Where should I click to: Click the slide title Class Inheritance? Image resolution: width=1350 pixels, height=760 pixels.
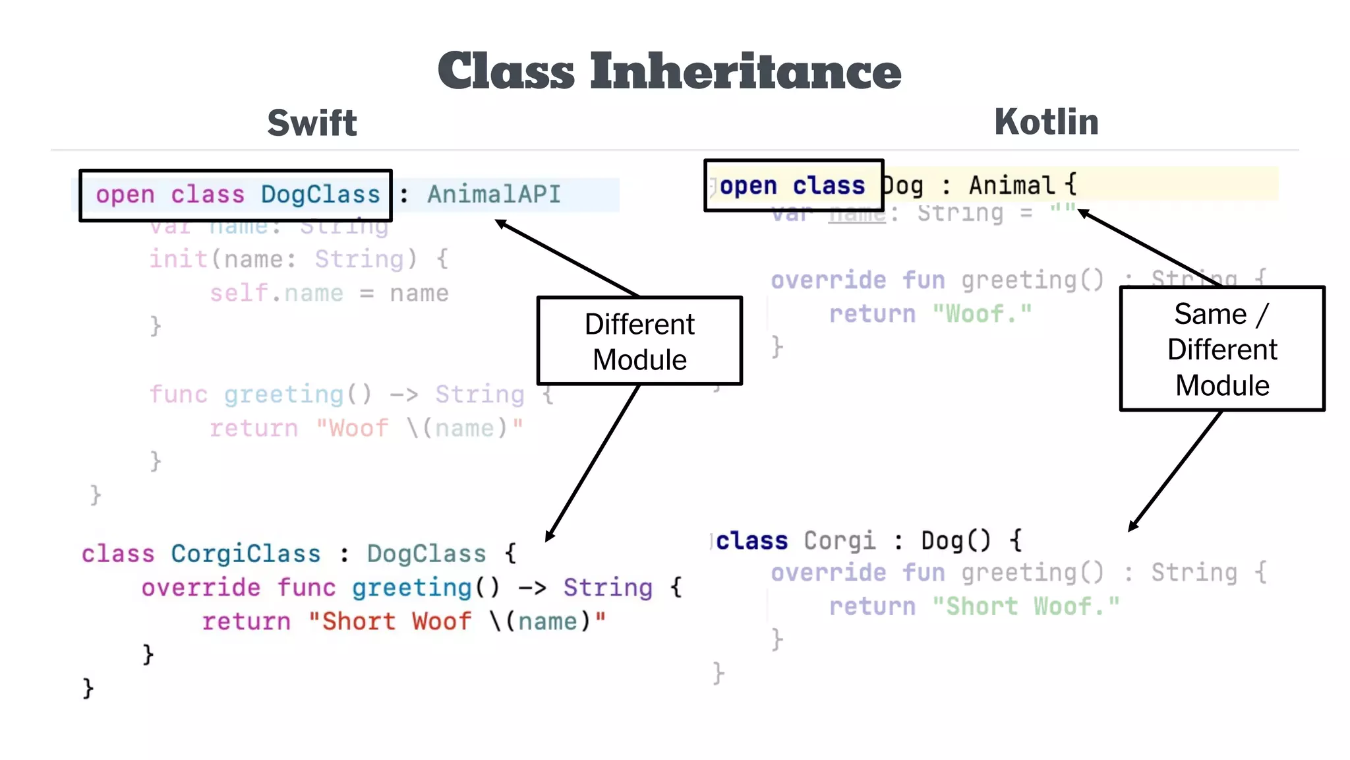[x=669, y=71]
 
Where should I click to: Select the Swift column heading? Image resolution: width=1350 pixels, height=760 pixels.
[x=312, y=123]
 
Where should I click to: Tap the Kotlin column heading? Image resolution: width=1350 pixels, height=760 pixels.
[x=1046, y=122]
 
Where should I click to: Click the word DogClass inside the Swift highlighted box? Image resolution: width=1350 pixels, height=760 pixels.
[x=320, y=195]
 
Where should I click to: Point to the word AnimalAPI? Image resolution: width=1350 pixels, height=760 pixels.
[x=494, y=195]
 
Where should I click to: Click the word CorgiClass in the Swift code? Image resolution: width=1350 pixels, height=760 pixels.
[x=245, y=554]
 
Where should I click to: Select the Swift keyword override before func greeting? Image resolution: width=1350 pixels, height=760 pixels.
[x=200, y=587]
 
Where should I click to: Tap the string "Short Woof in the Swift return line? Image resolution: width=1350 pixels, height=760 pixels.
[x=389, y=621]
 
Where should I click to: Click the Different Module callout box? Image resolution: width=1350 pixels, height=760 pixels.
[x=639, y=341]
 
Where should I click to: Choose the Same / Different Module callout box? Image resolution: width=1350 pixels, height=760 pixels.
[x=1221, y=349]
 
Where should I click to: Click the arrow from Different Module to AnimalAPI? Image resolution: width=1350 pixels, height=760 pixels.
[x=567, y=258]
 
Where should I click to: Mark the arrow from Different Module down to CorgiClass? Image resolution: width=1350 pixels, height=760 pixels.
[x=593, y=462]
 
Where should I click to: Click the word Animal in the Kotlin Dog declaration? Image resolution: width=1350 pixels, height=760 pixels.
[x=1012, y=185]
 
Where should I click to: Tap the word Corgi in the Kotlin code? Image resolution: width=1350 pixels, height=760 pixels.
[x=840, y=541]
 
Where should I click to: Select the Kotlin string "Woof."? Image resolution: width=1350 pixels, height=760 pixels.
[x=982, y=314]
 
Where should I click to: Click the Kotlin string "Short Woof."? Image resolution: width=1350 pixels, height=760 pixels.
[x=1026, y=606]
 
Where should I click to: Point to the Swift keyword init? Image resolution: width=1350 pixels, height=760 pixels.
[x=178, y=259]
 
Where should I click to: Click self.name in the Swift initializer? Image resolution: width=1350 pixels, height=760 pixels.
[x=276, y=293]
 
